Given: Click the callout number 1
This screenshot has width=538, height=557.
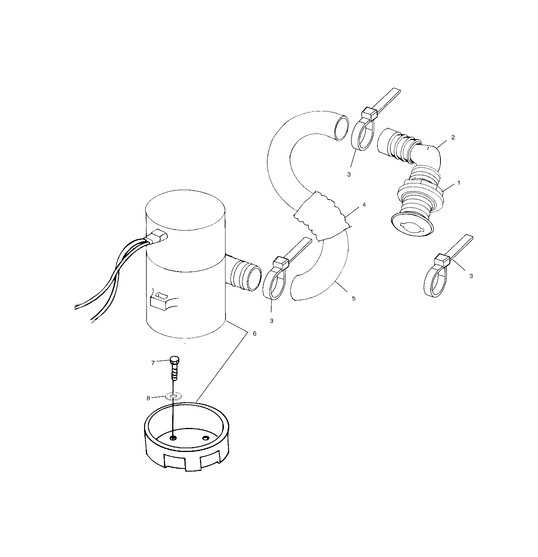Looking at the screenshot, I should point(458,183).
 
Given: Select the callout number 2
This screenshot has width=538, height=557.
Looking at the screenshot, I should point(453,137).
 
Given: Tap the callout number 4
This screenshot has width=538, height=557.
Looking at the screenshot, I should point(364,205).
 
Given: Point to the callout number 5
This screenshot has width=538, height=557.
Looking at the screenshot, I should point(353,298).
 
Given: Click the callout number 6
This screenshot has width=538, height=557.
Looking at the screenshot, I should point(254,333).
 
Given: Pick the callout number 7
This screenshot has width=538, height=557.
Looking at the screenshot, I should point(153,363).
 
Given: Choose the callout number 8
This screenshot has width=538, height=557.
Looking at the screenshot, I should point(148,398).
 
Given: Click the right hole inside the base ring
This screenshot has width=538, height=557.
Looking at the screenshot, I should point(205,438).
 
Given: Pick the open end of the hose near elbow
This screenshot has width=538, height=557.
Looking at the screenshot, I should point(340,128).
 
